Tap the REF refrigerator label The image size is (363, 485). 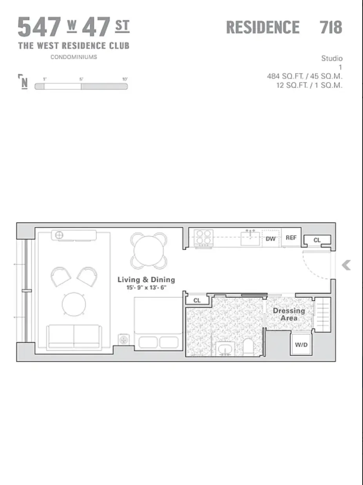point(291,238)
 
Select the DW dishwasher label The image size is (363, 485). point(271,239)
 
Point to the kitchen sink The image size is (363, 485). point(250,238)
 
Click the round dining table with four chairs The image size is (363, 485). point(149,250)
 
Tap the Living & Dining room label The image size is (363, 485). point(146,280)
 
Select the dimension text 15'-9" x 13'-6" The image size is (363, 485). point(146,287)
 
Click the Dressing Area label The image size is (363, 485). point(289,314)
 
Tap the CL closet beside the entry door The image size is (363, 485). point(317,240)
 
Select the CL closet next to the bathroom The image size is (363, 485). point(197,301)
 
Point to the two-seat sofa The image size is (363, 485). point(74,337)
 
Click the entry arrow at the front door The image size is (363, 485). point(346,266)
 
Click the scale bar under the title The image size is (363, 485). point(81,86)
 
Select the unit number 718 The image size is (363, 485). point(330,27)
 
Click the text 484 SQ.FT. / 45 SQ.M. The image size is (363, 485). point(305,77)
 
